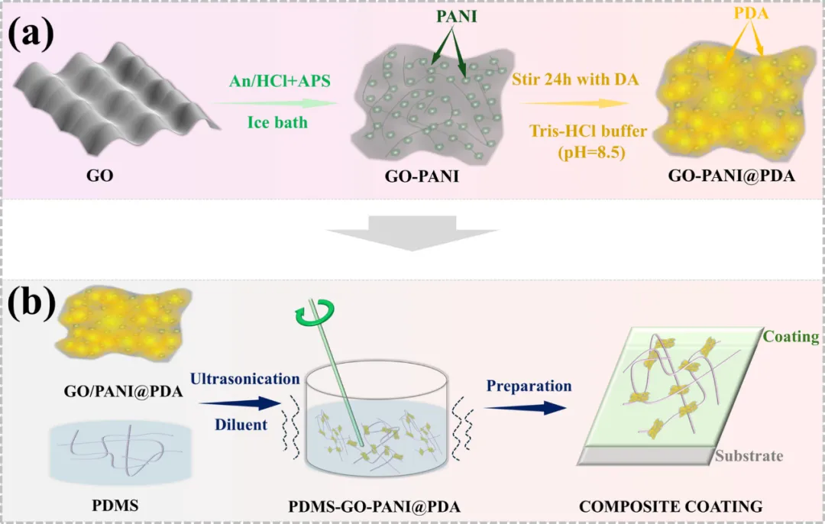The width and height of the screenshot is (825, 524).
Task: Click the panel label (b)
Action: pos(31,303)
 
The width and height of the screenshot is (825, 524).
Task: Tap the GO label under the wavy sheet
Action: pos(100,175)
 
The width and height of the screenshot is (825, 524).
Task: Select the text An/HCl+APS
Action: pos(280,80)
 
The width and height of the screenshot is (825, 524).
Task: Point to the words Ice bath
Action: pos(277,122)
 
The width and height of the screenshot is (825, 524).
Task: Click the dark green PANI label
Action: pos(457,16)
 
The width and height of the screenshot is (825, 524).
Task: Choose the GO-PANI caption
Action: pos(422,176)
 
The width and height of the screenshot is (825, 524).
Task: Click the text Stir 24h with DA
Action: pos(576,79)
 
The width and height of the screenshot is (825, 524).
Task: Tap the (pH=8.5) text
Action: pos(591,153)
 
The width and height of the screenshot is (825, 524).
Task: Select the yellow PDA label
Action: pos(751,13)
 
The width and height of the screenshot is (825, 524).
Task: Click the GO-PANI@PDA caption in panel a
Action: pos(731,175)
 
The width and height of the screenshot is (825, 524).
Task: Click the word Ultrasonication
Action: pos(245,379)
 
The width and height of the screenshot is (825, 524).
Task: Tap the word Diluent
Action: pos(241,425)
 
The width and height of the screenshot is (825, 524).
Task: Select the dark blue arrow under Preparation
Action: pos(525,407)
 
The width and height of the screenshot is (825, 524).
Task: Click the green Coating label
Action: pos(791,336)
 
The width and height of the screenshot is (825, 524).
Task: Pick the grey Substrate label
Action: pos(749,455)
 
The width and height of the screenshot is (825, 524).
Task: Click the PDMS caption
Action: pos(115,506)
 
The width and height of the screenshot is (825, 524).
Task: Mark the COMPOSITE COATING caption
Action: pos(671,506)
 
